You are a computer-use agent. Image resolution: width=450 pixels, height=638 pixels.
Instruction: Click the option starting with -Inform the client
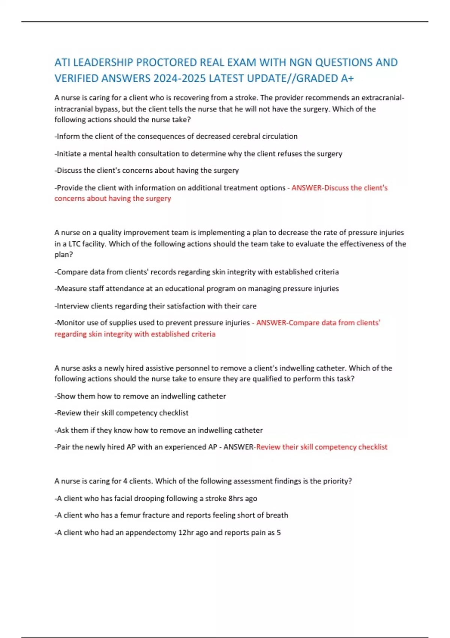pyautogui.click(x=176, y=137)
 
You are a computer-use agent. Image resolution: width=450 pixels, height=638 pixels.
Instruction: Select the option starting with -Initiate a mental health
pyautogui.click(x=198, y=154)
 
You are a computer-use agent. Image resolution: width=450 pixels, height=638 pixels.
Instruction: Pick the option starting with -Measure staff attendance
pyautogui.click(x=196, y=289)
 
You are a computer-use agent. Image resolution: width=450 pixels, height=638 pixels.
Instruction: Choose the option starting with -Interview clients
pyautogui.click(x=156, y=306)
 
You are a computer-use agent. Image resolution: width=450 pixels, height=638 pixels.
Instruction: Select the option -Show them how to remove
pyautogui.click(x=140, y=396)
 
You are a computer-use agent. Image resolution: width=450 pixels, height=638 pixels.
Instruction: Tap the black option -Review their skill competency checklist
pyautogui.click(x=121, y=413)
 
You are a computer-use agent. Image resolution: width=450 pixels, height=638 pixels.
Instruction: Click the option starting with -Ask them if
pyautogui.click(x=159, y=430)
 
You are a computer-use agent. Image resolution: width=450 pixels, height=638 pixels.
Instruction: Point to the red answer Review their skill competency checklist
pyautogui.click(x=322, y=447)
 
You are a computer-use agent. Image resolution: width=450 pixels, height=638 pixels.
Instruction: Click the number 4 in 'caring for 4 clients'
pyautogui.click(x=125, y=481)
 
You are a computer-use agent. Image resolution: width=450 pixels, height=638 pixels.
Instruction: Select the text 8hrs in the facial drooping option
pyautogui.click(x=235, y=499)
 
